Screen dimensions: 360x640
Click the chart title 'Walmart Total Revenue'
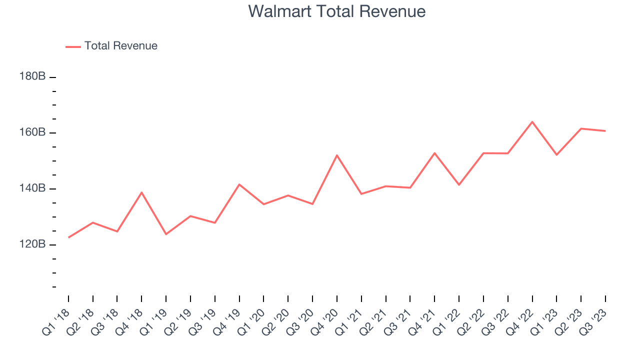pos(336,11)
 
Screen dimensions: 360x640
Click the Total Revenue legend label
pos(120,46)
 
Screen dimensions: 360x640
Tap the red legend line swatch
pos(73,46)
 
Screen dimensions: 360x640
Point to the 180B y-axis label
pos(33,76)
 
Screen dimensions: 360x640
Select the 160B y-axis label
pos(33,132)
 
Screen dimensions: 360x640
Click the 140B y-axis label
pos(33,188)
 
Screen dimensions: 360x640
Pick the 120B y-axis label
pos(33,244)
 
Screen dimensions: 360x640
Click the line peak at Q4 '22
pos(532,121)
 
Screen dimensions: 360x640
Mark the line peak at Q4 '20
pos(337,155)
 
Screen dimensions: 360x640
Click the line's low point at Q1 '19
pos(166,234)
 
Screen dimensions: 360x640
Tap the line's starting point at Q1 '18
pos(68,237)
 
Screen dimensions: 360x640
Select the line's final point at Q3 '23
pos(605,131)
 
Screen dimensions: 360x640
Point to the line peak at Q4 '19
pos(239,184)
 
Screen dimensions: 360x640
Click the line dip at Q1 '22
pos(459,185)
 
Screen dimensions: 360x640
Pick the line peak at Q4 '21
pos(434,153)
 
